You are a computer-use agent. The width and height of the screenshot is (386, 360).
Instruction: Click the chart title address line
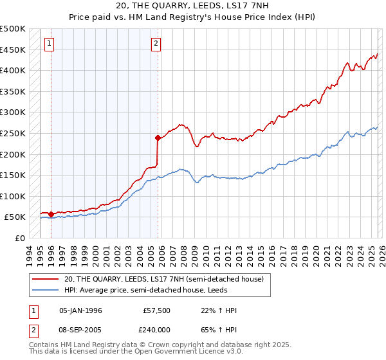(x=192, y=6)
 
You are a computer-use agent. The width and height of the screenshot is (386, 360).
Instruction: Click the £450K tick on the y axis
(x=13, y=50)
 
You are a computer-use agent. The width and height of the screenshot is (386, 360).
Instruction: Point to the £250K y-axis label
(x=13, y=133)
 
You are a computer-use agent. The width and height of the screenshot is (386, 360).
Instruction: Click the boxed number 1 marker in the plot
(x=50, y=44)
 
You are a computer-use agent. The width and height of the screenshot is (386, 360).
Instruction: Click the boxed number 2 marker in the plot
(x=156, y=44)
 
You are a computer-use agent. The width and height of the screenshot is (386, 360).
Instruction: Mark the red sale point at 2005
(x=158, y=137)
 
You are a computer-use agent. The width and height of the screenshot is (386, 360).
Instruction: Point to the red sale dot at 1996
(x=51, y=214)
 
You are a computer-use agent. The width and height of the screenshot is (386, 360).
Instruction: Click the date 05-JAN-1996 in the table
(x=80, y=310)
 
